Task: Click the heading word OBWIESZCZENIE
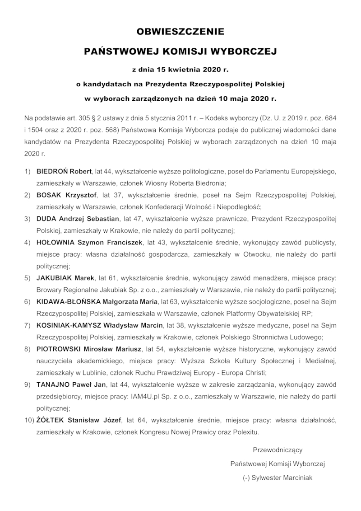click(x=180, y=32)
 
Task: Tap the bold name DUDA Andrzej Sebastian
click(x=78, y=219)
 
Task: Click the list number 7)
click(x=28, y=325)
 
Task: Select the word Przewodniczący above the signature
click(x=277, y=450)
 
